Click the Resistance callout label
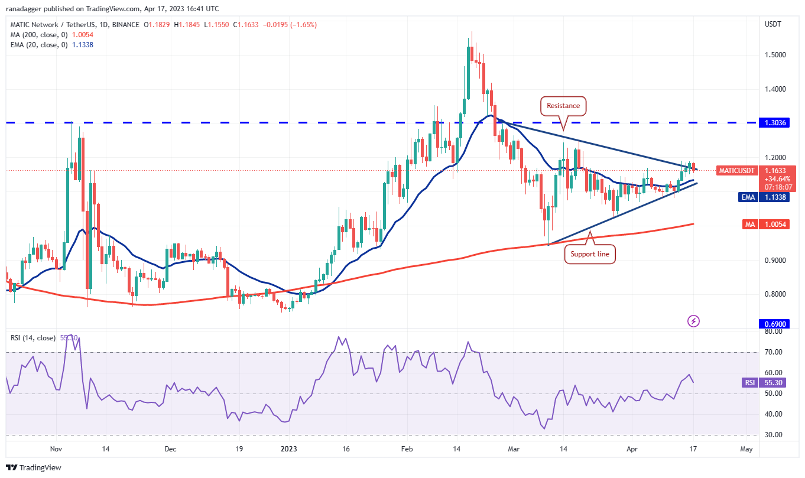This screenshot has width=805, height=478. point(563,106)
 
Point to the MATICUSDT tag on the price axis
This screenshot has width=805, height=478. point(736,171)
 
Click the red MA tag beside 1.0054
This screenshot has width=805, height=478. point(750,224)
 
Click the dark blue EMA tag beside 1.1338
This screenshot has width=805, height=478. point(748,197)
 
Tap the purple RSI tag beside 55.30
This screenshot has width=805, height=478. point(749,382)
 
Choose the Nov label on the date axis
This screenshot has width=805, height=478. point(56,449)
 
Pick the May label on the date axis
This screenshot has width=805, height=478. point(746,449)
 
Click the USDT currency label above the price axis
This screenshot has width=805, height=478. point(773,24)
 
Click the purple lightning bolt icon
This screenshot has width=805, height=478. point(694,321)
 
